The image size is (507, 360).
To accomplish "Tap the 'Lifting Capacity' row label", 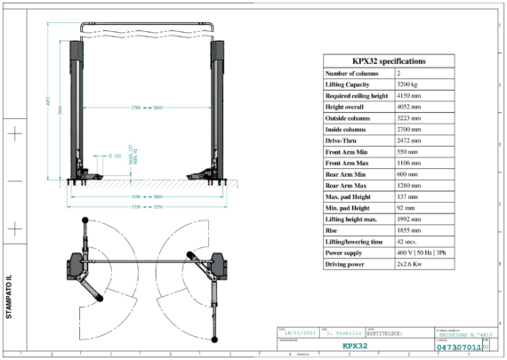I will coord(350,84).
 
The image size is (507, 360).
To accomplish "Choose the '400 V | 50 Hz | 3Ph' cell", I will coord(421,253).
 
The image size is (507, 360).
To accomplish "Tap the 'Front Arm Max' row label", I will coord(347,163).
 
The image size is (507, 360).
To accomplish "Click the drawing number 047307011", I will coord(460,348).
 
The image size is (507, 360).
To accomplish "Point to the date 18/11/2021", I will coord(297,331).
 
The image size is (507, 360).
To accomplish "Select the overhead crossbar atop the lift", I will coord(147,25).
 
